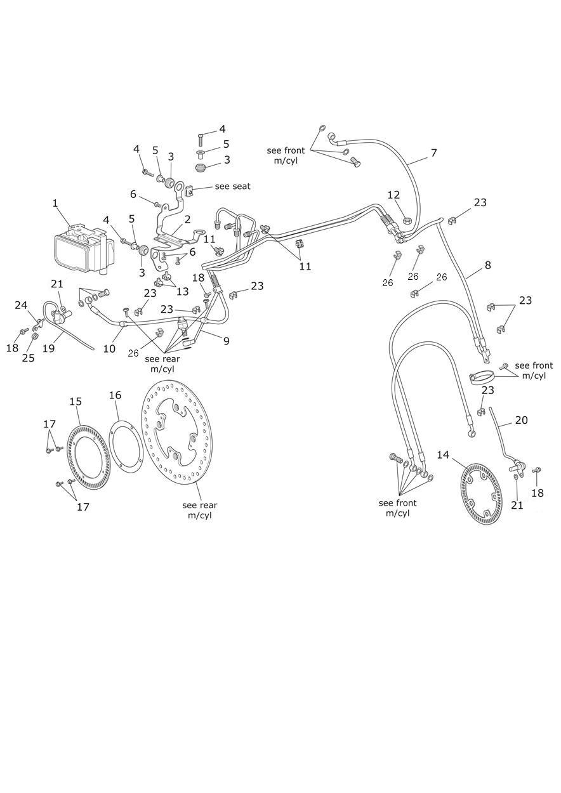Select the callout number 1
tap(55, 204)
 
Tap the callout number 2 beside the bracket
tap(187, 220)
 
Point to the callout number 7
tap(433, 153)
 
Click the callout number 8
tap(487, 265)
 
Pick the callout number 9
tap(225, 341)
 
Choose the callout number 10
tap(109, 348)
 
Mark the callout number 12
tap(393, 195)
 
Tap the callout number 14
tap(443, 455)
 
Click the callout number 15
tap(76, 402)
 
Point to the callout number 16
tap(115, 395)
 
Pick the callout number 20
tap(521, 420)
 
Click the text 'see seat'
tap(232, 186)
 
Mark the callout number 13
tap(182, 291)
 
